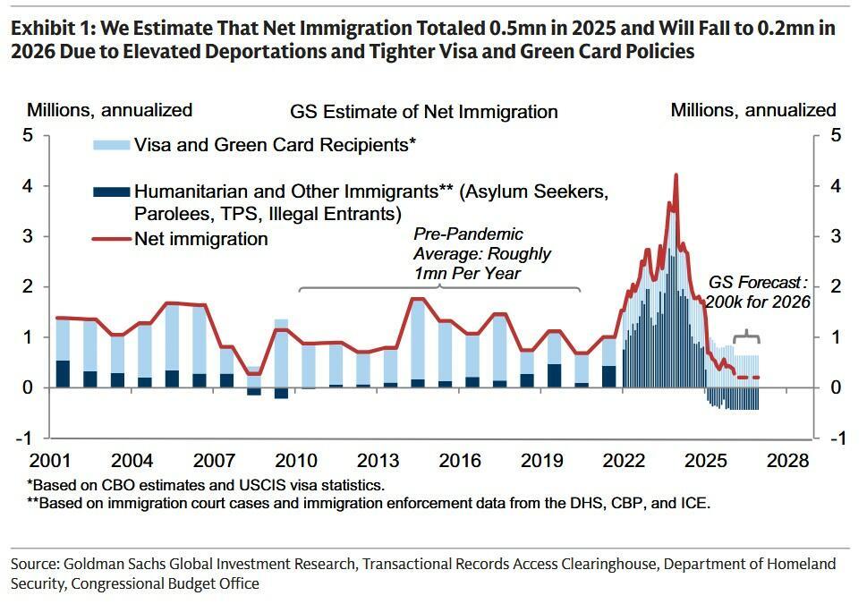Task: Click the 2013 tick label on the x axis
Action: pos(378,462)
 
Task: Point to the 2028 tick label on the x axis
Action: pos(789,462)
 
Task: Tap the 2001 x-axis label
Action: pos(50,462)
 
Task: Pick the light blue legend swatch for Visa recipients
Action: pos(110,143)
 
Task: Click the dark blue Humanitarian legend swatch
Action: pos(110,191)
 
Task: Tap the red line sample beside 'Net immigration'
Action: pos(110,239)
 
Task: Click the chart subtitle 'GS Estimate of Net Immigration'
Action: pos(423,112)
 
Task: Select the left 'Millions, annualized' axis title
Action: pos(109,111)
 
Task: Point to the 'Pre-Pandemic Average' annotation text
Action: pos(481,254)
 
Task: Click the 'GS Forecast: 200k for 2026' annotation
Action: pos(757,293)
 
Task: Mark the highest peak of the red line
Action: pos(676,175)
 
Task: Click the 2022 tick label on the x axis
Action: pos(625,462)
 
